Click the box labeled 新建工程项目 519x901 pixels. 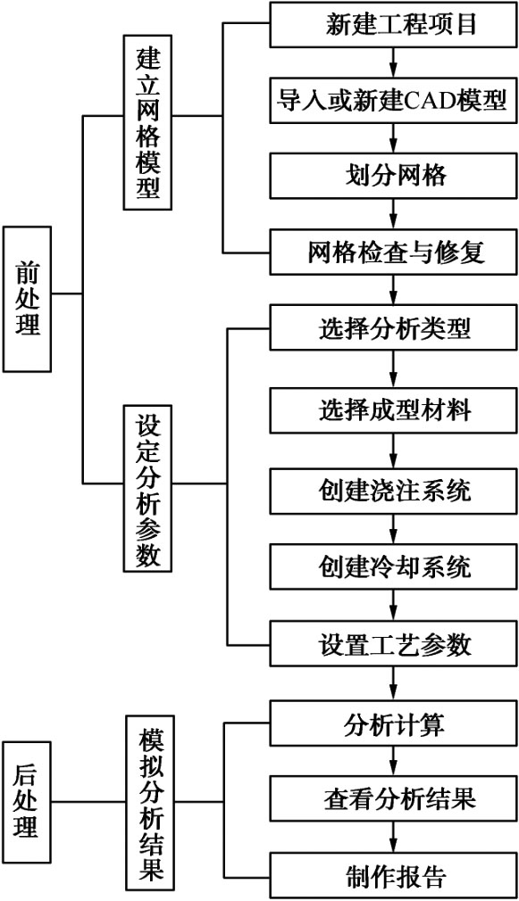[394, 25]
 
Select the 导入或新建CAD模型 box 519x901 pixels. [394, 101]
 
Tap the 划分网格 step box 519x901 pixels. [394, 175]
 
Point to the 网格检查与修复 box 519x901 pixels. [394, 252]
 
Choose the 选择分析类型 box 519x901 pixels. [394, 328]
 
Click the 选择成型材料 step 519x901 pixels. [394, 410]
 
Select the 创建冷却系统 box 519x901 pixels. [394, 566]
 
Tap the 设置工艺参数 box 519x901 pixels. [394, 644]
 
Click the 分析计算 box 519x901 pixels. [394, 723]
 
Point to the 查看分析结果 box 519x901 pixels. [394, 799]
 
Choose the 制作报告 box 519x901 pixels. [394, 876]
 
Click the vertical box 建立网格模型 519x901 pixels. [148, 123]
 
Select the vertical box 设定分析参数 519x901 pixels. [148, 489]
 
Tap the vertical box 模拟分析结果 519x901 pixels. [148, 801]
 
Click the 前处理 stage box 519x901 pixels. [27, 299]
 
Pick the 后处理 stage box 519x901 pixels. [27, 801]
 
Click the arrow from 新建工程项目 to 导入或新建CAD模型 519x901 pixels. [394, 63]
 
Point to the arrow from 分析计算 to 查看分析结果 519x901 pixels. [394, 761]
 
